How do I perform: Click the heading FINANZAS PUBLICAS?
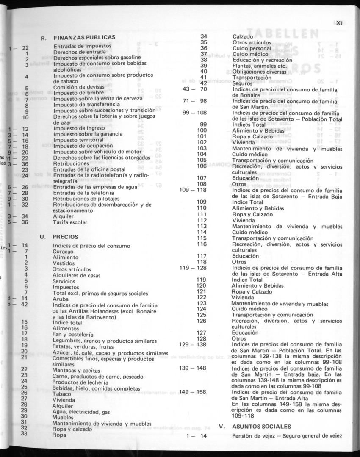(84, 38)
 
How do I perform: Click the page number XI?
(339, 23)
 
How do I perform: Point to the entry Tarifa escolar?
(70, 222)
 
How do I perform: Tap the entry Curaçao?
(63, 252)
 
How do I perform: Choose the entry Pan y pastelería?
(73, 334)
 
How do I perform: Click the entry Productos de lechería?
(80, 382)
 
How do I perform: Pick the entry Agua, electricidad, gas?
(81, 411)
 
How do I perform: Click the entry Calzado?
(243, 36)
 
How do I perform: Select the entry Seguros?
(243, 83)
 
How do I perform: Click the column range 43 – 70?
(194, 89)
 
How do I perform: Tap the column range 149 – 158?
(193, 392)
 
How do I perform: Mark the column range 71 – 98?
(194, 101)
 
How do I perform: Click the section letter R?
(43, 38)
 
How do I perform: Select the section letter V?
(221, 426)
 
